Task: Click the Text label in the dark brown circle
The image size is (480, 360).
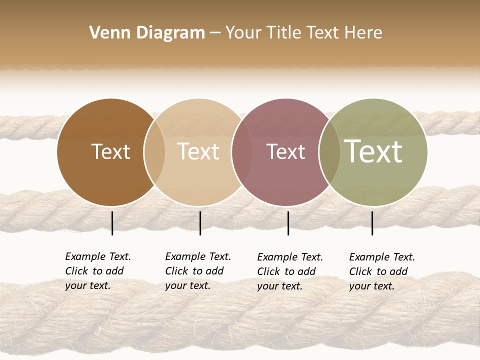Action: (110, 151)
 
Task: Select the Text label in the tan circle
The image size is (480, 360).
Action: (198, 151)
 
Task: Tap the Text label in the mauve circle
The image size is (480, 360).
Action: (285, 151)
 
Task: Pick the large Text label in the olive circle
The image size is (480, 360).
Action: (373, 151)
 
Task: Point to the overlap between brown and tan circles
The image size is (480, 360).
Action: (154, 152)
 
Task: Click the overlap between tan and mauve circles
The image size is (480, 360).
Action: (242, 152)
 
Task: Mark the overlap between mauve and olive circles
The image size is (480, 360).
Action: (329, 152)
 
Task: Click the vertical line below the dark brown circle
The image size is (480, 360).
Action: (112, 223)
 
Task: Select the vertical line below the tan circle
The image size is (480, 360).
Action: (200, 223)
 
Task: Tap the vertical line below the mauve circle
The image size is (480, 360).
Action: (288, 223)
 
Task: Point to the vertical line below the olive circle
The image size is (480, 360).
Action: (372, 223)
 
